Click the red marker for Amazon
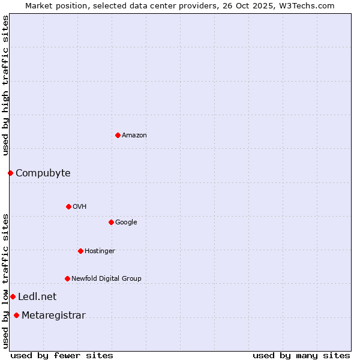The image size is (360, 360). (118, 135)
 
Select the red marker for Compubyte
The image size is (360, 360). (10, 173)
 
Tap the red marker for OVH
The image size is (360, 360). (68, 206)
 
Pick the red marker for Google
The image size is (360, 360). (111, 222)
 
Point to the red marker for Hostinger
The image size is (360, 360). (80, 251)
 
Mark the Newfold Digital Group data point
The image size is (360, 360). (67, 278)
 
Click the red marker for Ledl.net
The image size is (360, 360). (13, 296)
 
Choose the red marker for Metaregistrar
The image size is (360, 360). (16, 316)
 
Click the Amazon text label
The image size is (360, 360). (134, 136)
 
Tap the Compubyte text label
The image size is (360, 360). (43, 173)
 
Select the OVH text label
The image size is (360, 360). (80, 207)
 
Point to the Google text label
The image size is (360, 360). (126, 223)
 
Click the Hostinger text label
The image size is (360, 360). (100, 251)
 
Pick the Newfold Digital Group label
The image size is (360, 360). (106, 279)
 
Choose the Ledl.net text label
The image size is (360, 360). (37, 297)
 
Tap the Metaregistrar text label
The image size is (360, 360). (53, 316)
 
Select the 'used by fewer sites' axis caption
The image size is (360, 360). (62, 355)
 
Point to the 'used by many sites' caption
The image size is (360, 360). (301, 355)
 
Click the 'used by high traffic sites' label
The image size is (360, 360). (5, 85)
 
